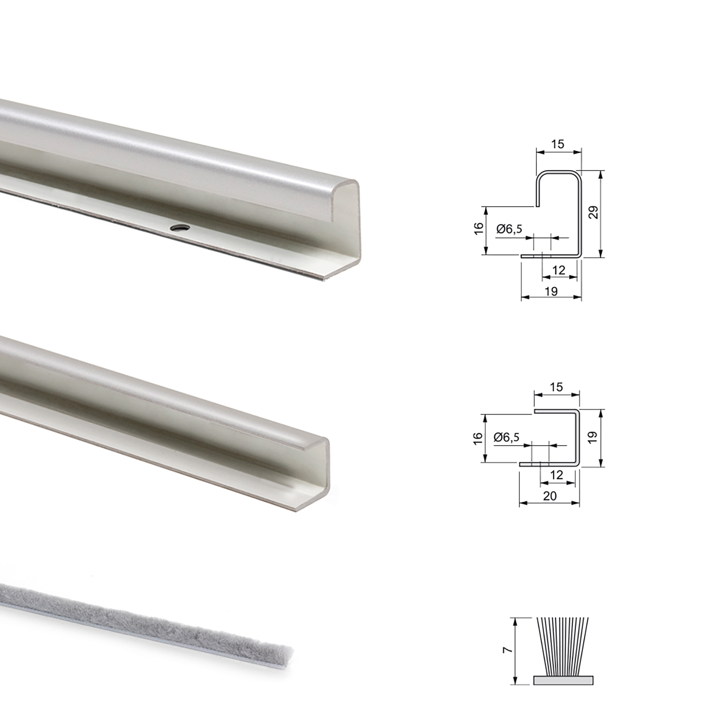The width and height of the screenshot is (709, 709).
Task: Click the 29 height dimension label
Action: [x=593, y=212]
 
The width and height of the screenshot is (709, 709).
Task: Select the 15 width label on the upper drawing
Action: [x=557, y=144]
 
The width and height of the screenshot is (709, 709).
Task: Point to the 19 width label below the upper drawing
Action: [x=551, y=291]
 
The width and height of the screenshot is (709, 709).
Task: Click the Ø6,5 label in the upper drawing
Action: [x=509, y=229]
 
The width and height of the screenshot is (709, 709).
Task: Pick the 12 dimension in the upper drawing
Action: [x=559, y=270]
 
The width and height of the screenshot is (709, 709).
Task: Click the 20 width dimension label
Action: [x=550, y=496]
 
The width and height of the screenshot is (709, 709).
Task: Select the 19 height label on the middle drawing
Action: [x=593, y=437]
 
